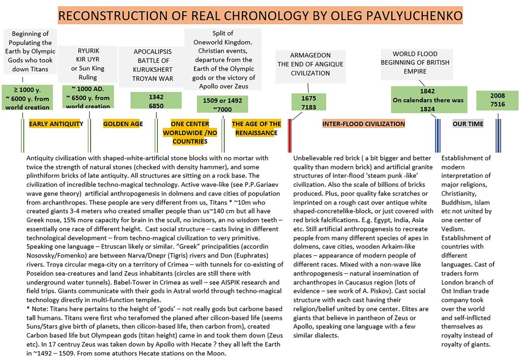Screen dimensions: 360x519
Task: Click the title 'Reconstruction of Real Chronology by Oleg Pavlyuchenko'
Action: pos(260,16)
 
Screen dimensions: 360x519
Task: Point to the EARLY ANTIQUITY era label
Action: pos(56,124)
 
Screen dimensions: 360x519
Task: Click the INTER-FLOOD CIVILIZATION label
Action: pos(364,124)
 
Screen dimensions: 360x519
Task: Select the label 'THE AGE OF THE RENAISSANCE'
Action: pos(256,129)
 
